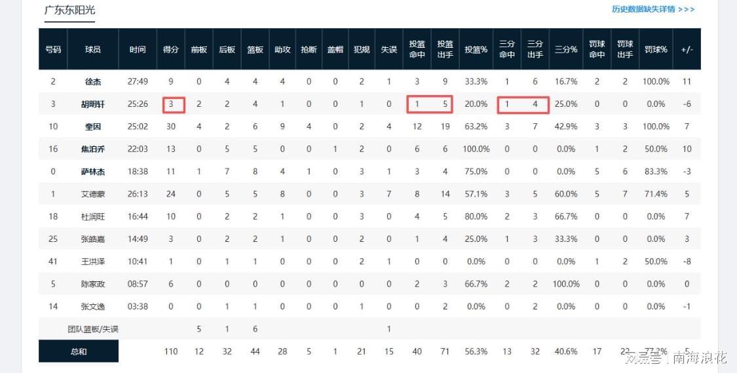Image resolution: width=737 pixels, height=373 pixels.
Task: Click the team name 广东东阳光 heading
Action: pos(69,10)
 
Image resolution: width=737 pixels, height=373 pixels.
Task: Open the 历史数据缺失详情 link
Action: pos(652,9)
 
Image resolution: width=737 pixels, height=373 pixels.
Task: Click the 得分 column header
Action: pos(171,50)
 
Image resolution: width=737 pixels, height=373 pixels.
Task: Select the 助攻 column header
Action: pos(282,50)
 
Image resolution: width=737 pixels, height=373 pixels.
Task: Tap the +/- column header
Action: pos(687,50)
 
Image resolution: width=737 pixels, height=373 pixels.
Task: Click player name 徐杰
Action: pos(93,82)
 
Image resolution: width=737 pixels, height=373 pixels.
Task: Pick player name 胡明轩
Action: pos(93,104)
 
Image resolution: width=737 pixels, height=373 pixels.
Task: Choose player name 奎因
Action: pos(93,127)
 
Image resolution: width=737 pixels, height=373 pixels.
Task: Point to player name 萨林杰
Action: pos(93,172)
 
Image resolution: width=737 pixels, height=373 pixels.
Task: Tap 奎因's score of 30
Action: pos(171,127)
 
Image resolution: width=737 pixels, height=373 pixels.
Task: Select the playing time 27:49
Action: pos(138,82)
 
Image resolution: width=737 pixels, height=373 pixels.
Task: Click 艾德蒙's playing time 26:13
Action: pos(138,194)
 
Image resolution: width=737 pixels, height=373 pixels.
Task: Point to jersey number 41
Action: pos(53,262)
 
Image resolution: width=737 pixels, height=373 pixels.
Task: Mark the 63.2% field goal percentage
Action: pos(476,127)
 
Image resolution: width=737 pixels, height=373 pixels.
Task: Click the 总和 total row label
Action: pos(79,351)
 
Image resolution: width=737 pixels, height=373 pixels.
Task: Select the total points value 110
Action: pos(171,351)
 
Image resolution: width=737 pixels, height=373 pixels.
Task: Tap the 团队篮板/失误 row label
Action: pos(93,329)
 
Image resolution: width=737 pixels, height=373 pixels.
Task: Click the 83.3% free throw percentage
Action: pos(655,172)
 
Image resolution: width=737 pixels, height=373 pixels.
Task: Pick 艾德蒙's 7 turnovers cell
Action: pos(388,194)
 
